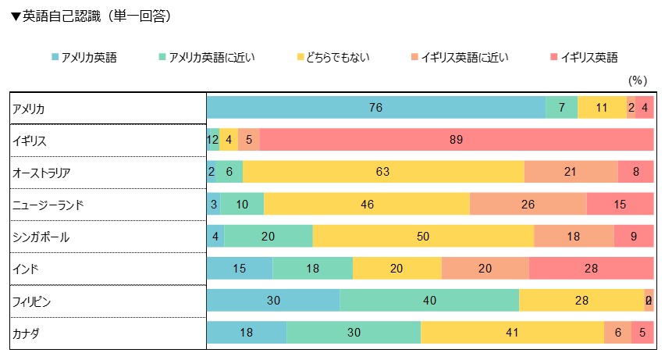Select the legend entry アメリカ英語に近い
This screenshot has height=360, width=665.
[x=205, y=57]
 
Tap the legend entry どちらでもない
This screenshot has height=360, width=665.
[x=333, y=57]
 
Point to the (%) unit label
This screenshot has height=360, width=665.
[x=638, y=80]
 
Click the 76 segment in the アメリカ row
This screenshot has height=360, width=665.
[x=375, y=108]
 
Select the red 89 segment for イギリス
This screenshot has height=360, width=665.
[x=457, y=141]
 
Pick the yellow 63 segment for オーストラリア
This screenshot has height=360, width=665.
[x=383, y=173]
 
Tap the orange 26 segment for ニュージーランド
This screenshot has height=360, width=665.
[x=528, y=205]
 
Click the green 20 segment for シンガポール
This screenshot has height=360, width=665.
[x=268, y=237]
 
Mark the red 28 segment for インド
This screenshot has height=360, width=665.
[x=590, y=269]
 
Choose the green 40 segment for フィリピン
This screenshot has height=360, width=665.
[x=429, y=301]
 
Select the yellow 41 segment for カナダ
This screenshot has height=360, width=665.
[x=512, y=333]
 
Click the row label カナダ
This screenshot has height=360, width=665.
[x=26, y=333]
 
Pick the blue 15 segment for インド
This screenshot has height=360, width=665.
[x=240, y=269]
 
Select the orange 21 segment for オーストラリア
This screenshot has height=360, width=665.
[x=571, y=173]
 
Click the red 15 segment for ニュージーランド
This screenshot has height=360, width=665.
[x=620, y=205]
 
